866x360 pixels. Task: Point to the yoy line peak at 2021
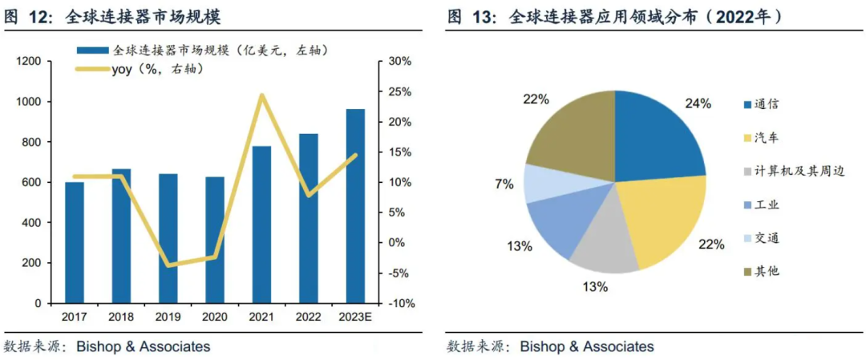click(261, 95)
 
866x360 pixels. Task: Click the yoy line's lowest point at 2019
click(168, 265)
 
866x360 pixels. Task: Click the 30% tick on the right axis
click(401, 62)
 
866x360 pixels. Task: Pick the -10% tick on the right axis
click(401, 304)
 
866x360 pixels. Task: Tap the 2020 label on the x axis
click(214, 318)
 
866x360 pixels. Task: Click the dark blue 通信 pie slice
click(654, 132)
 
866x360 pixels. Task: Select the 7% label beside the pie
click(504, 184)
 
